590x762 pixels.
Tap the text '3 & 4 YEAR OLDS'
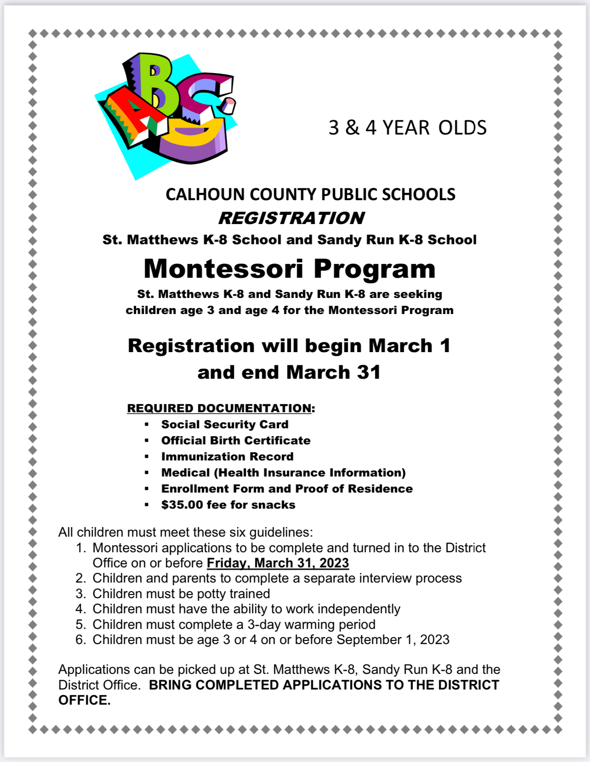coord(407,128)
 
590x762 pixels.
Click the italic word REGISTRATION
coord(291,218)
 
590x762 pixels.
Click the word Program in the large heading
coord(374,269)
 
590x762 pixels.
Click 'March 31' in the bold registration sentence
coord(334,372)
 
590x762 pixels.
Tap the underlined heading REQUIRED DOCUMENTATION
coord(220,408)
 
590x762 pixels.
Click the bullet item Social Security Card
coord(225,425)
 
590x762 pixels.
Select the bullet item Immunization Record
coord(227,457)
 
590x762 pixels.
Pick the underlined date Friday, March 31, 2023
coord(278,563)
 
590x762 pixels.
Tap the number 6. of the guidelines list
coord(81,640)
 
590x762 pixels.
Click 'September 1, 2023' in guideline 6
coord(393,640)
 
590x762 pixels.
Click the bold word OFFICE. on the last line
coord(84,700)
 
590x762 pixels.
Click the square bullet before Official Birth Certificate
coord(147,441)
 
